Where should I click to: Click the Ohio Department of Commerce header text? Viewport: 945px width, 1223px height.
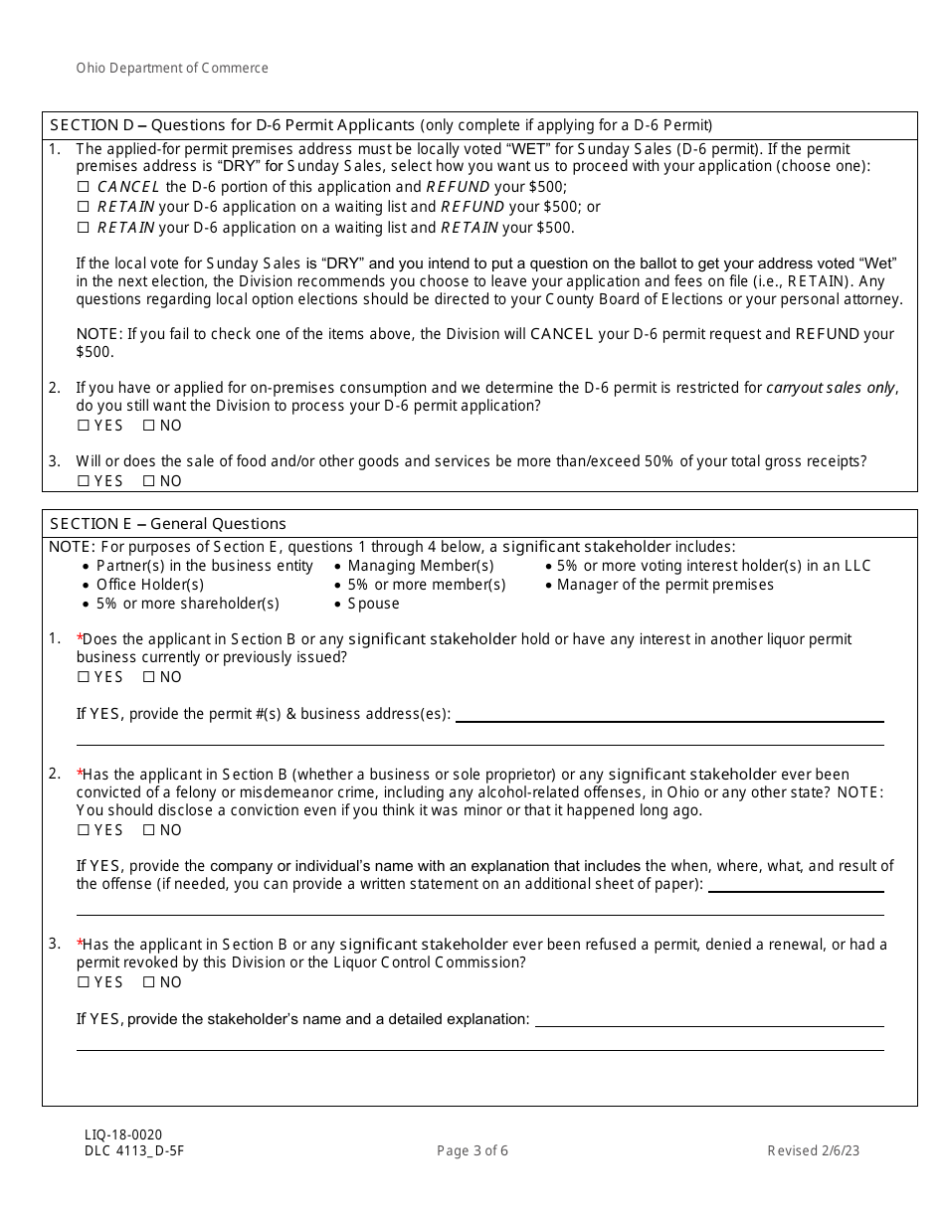click(172, 68)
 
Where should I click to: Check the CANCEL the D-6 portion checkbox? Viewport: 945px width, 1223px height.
click(84, 187)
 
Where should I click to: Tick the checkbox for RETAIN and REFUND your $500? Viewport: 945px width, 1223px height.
click(84, 207)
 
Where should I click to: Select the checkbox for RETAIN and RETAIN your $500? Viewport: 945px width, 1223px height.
click(84, 228)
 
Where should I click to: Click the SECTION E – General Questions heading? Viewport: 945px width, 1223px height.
click(167, 523)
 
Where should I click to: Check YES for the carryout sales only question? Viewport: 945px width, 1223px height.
click(84, 426)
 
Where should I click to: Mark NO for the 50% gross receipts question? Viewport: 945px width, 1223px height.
click(149, 481)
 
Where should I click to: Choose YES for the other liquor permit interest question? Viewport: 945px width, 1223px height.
click(84, 677)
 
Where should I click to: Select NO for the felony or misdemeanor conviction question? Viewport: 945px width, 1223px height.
click(149, 830)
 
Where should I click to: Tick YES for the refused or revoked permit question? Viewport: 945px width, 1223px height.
click(84, 982)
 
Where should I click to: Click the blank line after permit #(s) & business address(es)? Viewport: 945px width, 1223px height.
click(668, 715)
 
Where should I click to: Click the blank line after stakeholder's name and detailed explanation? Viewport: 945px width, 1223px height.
click(708, 1020)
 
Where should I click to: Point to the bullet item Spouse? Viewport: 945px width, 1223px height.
click(373, 604)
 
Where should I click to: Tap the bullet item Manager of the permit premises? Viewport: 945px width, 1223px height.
click(664, 585)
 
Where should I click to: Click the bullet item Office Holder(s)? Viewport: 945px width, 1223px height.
click(149, 585)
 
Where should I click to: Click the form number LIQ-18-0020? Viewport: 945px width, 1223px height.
click(123, 1135)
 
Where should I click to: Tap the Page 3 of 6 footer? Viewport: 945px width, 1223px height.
click(472, 1151)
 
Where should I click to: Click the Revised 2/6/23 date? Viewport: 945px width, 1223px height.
click(813, 1151)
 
